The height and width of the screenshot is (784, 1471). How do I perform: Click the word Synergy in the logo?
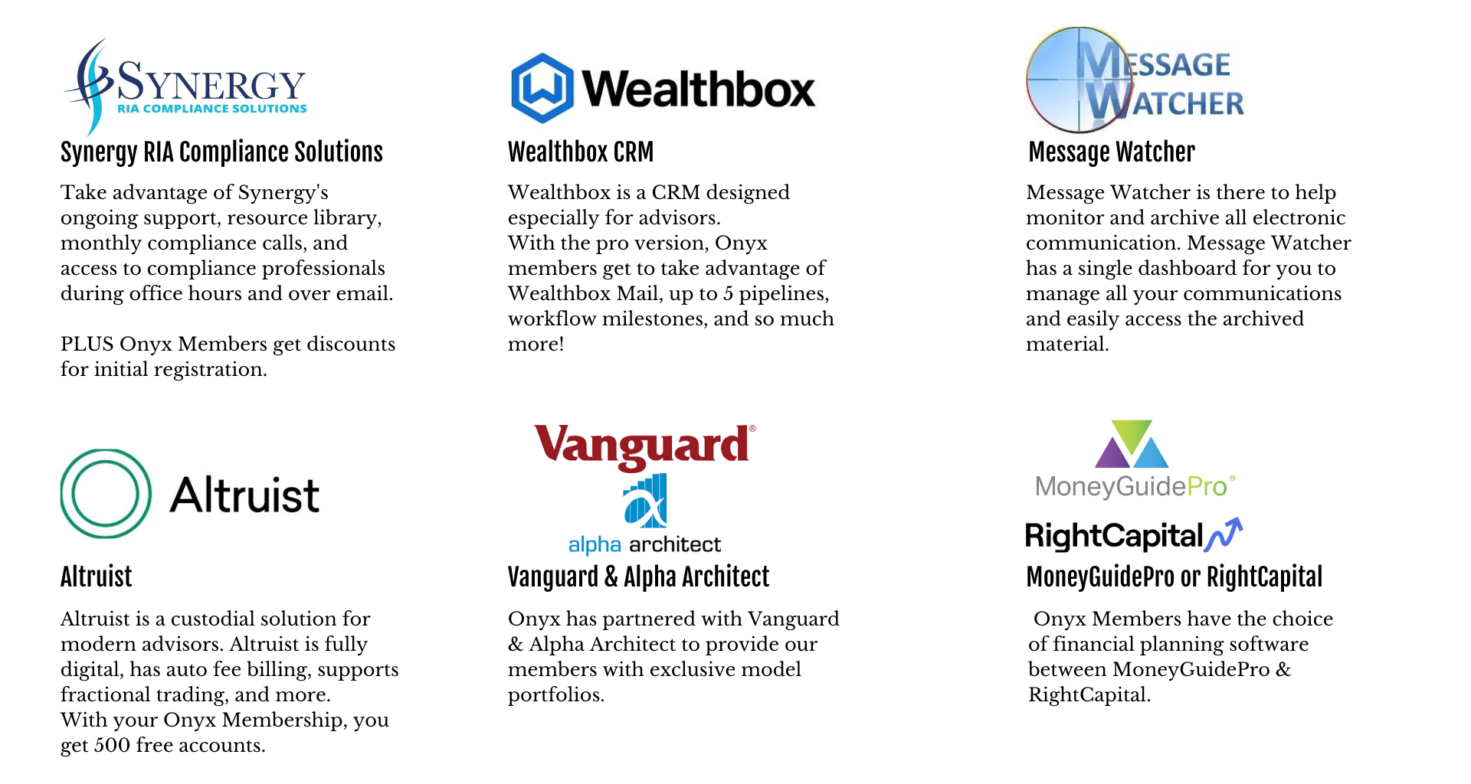click(x=211, y=82)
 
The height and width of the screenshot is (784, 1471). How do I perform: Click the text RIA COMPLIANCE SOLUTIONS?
click(x=211, y=109)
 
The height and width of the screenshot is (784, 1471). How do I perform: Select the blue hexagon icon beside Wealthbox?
click(x=542, y=88)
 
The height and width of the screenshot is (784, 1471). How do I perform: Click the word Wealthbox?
click(x=698, y=89)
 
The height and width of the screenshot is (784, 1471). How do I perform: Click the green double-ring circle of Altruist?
click(x=106, y=494)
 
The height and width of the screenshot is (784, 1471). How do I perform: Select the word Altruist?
click(x=244, y=495)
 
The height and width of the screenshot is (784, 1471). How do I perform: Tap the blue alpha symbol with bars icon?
click(x=645, y=501)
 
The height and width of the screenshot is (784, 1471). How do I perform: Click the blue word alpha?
click(x=595, y=545)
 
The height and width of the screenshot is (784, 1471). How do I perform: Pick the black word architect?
click(x=675, y=544)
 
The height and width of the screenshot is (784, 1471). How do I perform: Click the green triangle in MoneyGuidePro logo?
click(x=1132, y=433)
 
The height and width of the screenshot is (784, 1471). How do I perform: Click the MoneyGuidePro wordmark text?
click(x=1131, y=486)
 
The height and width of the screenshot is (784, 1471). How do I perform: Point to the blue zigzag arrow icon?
click(x=1223, y=534)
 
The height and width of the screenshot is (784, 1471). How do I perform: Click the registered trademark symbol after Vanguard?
click(x=752, y=430)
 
